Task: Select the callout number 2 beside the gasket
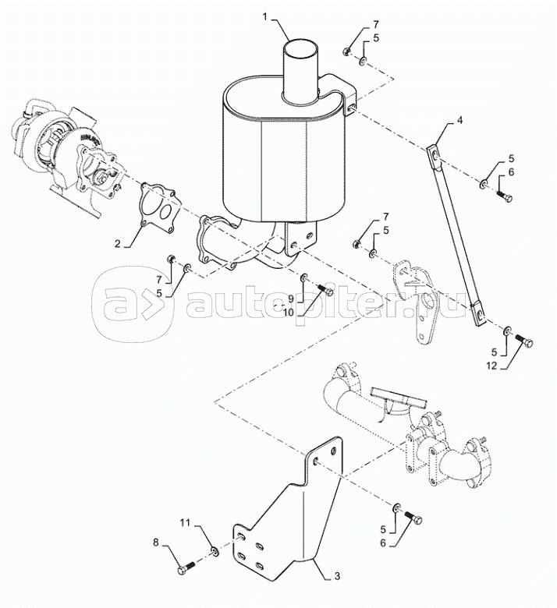coord(117,243)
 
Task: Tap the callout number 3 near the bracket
coord(336,577)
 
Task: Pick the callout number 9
coord(288,299)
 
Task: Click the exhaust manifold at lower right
coord(406,425)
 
